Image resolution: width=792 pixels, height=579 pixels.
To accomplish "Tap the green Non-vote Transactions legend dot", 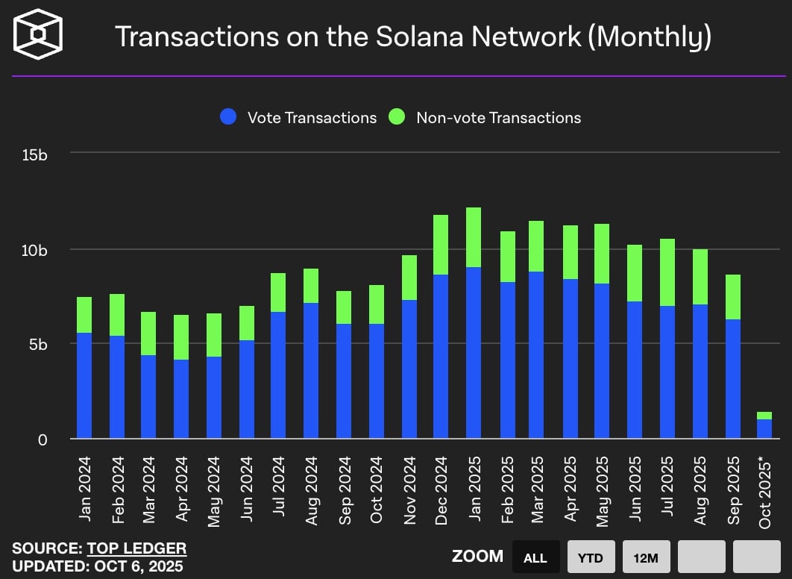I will point(397,117).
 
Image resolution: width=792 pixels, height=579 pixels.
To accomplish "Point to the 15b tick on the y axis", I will point(36,155).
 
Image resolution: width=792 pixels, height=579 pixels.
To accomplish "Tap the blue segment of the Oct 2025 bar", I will point(765,429).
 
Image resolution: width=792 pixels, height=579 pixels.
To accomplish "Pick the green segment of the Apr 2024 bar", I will point(181,337).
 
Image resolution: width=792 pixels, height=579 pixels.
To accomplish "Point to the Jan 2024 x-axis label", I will point(84,489).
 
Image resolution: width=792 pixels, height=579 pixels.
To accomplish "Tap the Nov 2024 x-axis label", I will point(409,489).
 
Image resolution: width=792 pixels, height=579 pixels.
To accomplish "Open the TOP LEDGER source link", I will point(136,548).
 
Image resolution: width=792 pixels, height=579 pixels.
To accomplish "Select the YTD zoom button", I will point(591,557).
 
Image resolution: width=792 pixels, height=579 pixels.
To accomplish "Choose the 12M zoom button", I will point(647,557).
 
